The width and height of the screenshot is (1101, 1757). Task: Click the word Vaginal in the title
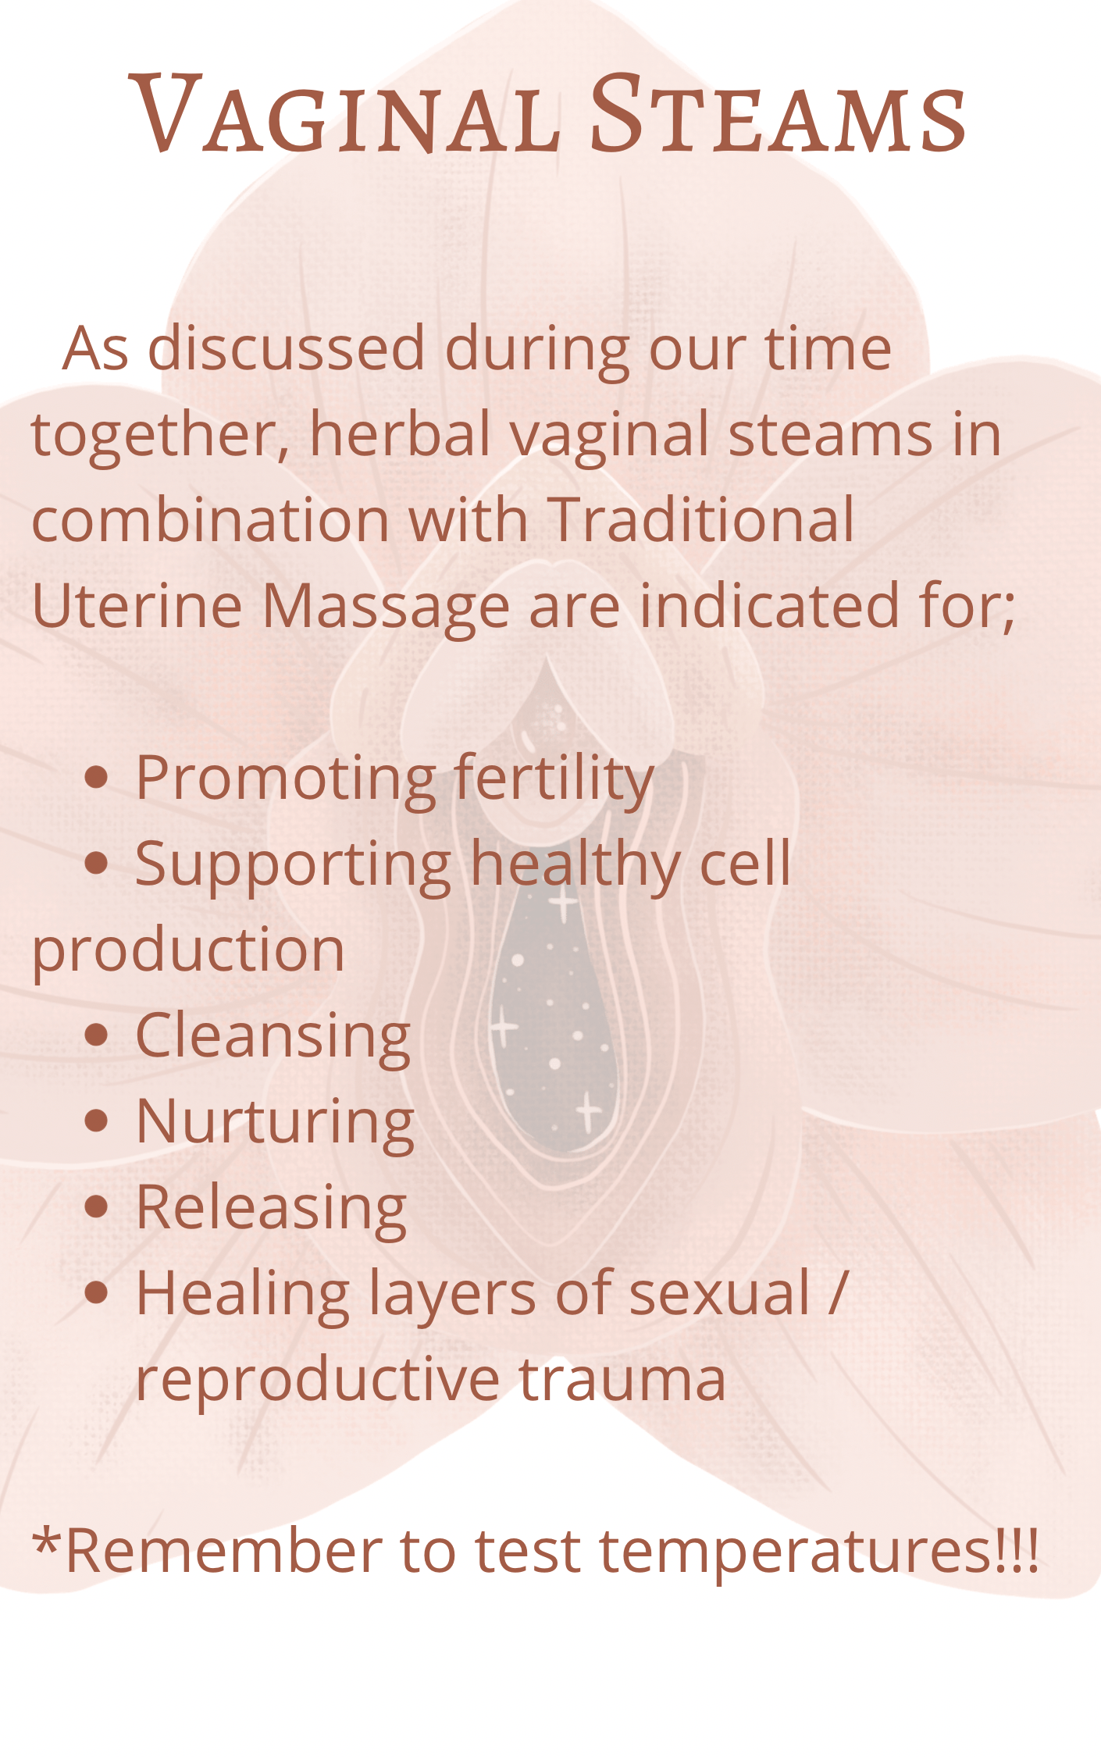tap(344, 114)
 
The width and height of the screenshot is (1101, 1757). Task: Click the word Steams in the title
tap(779, 114)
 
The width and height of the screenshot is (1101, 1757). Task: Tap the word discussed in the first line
tap(287, 348)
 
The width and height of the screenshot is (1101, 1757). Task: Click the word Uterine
tap(137, 606)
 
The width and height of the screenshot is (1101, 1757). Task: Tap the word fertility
tap(554, 779)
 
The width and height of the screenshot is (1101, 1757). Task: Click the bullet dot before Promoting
tap(96, 778)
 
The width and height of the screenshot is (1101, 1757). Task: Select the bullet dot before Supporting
tap(96, 864)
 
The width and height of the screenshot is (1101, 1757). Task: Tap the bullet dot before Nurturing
tap(96, 1121)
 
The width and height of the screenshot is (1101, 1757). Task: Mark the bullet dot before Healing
tap(96, 1293)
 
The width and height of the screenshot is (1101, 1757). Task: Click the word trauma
tap(622, 1381)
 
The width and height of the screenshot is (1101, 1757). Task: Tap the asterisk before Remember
tap(48, 1541)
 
